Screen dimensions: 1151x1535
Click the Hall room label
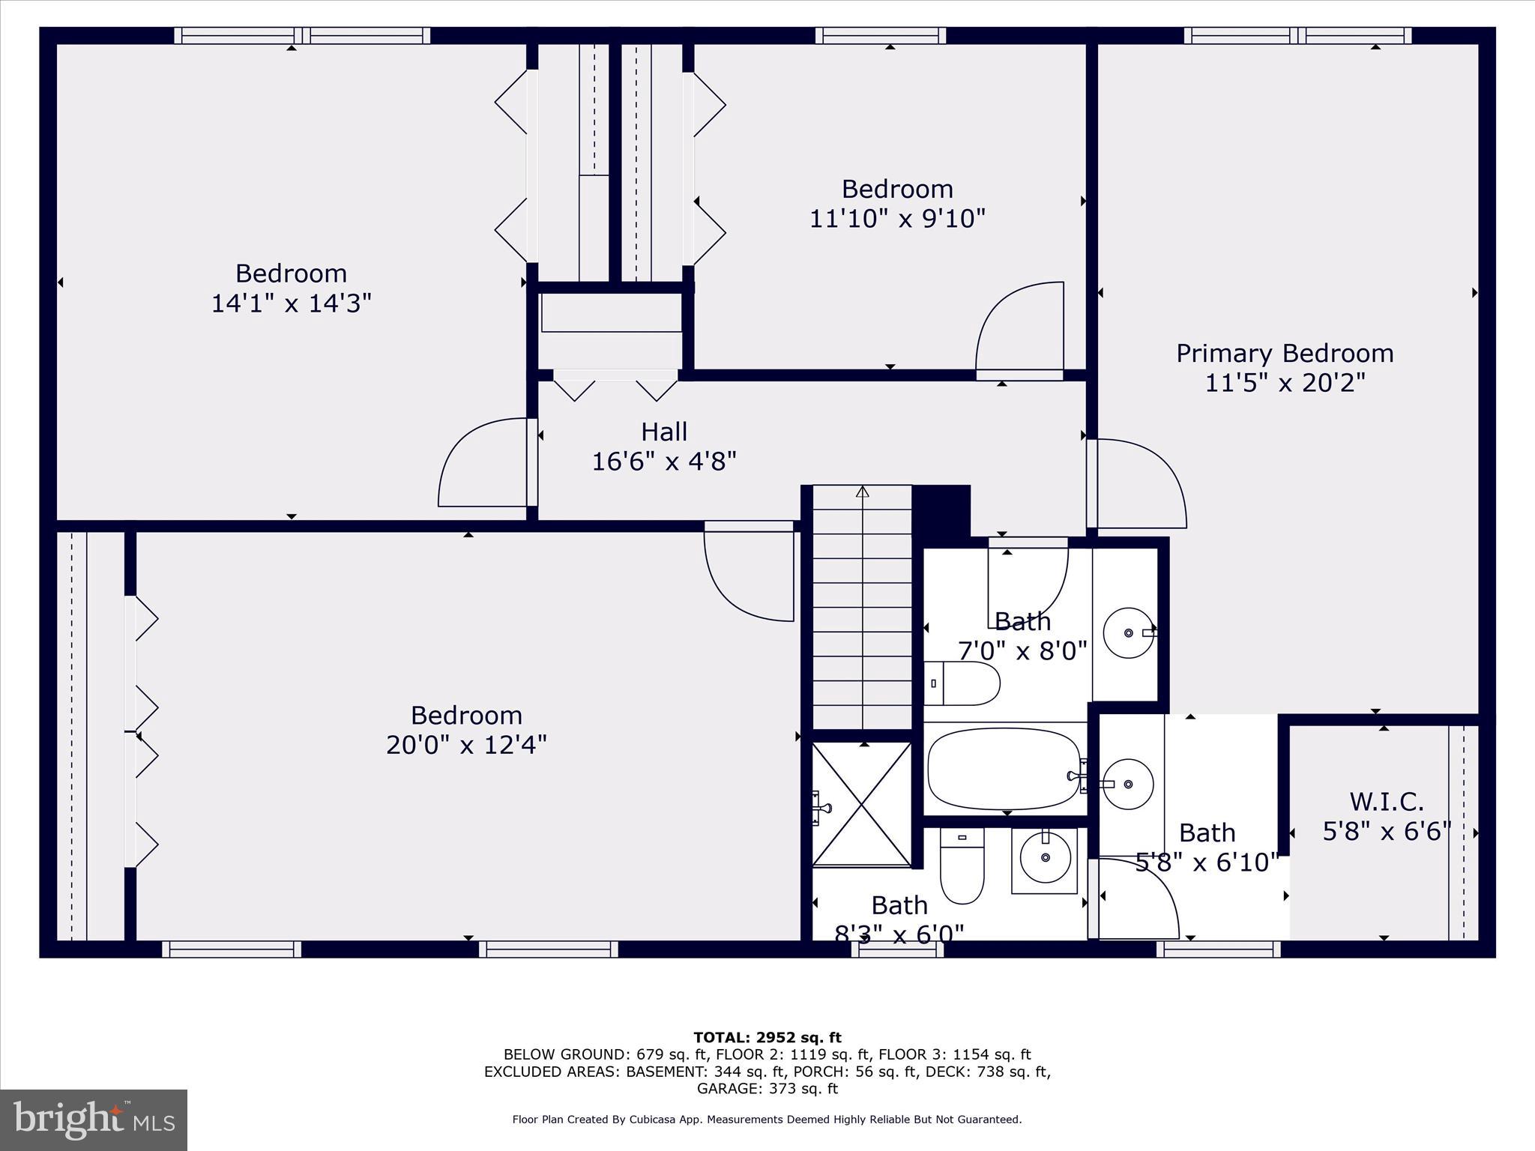point(664,432)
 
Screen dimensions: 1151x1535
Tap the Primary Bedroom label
point(1285,354)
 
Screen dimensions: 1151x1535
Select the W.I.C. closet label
point(1387,802)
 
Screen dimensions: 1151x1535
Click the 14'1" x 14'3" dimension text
point(291,303)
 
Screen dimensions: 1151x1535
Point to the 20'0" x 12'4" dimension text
point(466,746)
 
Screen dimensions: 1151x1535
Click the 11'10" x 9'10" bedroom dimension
point(897,219)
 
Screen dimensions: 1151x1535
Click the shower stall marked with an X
point(862,804)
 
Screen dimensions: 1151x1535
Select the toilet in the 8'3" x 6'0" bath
point(962,865)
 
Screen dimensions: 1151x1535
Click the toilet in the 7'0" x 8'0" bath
point(963,683)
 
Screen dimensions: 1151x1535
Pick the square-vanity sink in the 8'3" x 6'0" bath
point(1045,860)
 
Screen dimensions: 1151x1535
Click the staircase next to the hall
point(862,607)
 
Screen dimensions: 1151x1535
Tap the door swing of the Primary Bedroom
point(1139,483)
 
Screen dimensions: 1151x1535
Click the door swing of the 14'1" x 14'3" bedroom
point(483,463)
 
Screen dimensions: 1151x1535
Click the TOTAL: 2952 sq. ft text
point(767,1038)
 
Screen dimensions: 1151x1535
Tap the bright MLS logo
point(94,1120)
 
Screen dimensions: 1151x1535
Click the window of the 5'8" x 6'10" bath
point(1218,949)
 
